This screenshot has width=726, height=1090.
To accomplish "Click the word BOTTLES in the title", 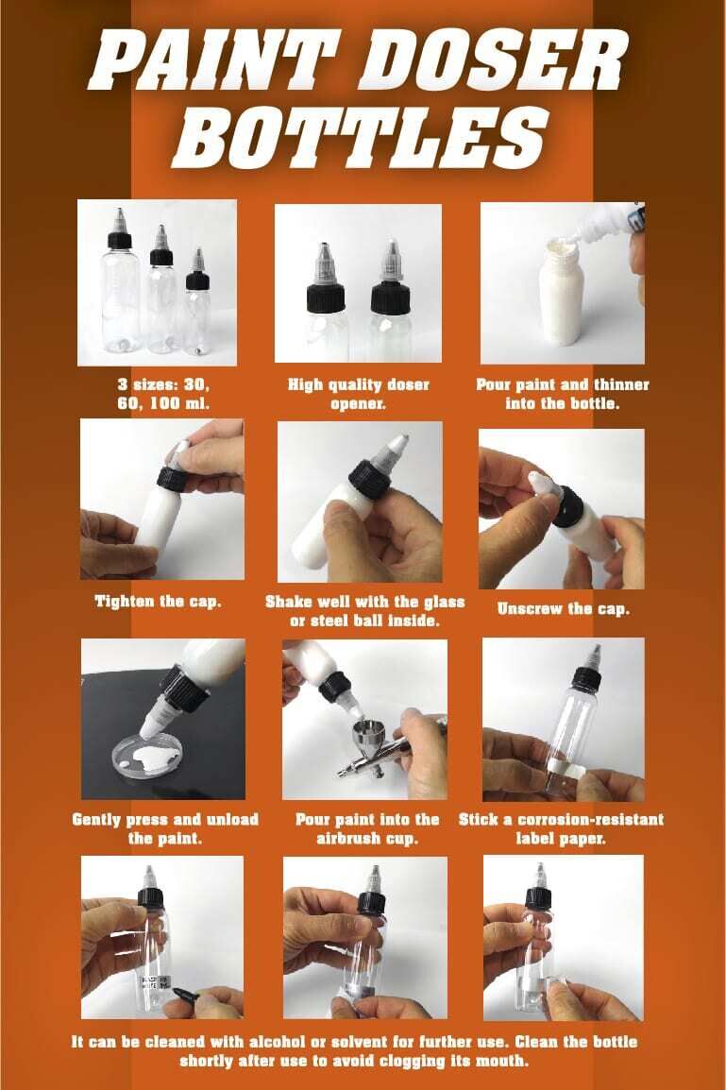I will click(x=363, y=135).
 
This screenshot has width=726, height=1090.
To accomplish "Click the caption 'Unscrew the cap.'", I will click(x=562, y=608).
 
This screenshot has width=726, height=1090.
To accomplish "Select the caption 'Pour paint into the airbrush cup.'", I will click(x=367, y=827).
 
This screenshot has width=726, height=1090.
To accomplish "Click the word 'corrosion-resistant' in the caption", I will click(x=581, y=818).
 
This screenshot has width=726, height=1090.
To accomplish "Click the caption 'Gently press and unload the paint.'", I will click(x=164, y=827).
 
